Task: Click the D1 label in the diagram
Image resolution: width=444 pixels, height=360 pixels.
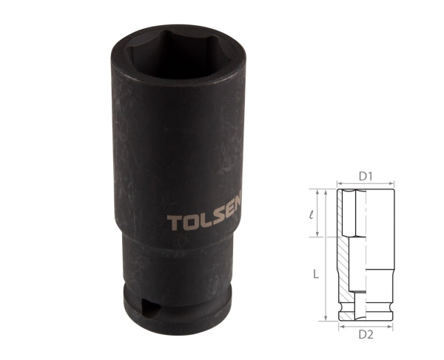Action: (x=366, y=176)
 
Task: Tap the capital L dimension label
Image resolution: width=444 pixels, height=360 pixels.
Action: (x=315, y=274)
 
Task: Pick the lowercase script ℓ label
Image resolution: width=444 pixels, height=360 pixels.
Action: (x=314, y=215)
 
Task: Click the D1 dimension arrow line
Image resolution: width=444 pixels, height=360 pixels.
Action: (x=366, y=184)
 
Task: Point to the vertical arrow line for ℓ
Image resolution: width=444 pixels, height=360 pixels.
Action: (x=323, y=214)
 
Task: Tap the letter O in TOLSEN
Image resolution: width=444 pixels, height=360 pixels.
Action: (x=188, y=223)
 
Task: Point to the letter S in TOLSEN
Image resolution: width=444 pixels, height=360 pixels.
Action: (x=220, y=222)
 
